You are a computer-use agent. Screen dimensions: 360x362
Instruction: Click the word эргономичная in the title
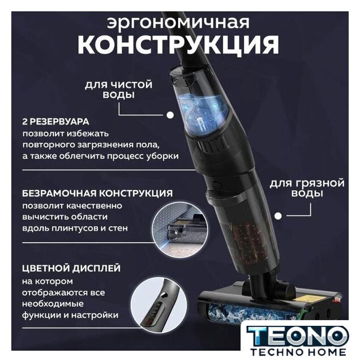click(178, 23)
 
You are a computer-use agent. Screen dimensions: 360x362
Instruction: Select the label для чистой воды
click(118, 89)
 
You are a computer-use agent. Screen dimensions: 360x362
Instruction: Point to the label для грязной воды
click(307, 188)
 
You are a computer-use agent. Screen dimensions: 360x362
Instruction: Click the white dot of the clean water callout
click(170, 115)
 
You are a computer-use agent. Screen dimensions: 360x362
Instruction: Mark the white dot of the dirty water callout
click(278, 216)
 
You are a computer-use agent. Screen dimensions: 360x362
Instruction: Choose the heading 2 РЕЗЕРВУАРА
click(55, 122)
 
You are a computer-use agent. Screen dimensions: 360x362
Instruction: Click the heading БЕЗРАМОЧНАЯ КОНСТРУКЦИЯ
click(97, 193)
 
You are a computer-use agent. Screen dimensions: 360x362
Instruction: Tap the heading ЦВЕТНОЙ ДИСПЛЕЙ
click(71, 268)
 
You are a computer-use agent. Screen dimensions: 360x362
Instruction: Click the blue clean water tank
click(203, 113)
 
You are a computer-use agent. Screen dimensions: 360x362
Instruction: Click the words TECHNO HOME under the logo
click(298, 352)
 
